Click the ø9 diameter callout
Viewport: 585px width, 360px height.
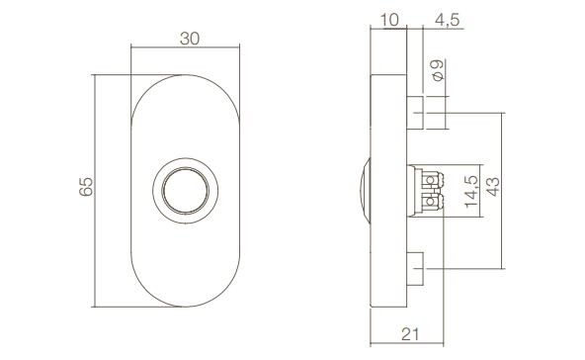tap(436, 70)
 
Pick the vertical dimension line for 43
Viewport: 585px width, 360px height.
tap(504, 227)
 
